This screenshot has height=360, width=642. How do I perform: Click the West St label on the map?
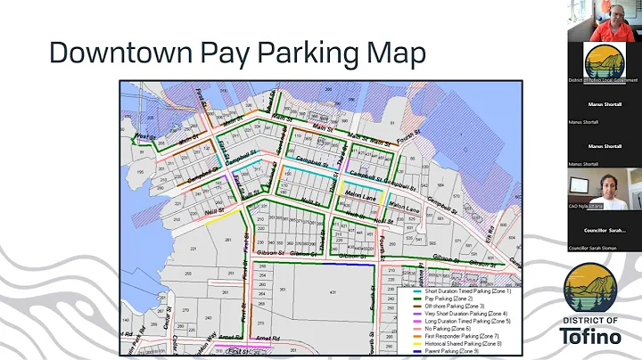pos(143,136)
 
